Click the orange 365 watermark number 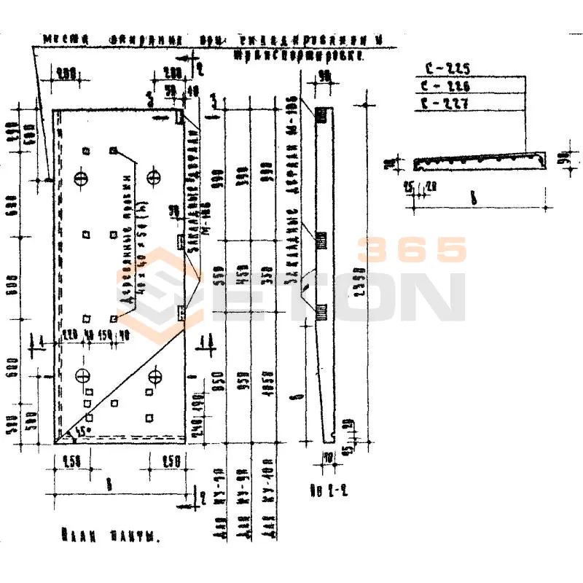pyautogui.click(x=412, y=250)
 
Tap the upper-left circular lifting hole pyautogui.click(x=82, y=177)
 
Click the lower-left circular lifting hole pyautogui.click(x=82, y=376)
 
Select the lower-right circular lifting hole pyautogui.click(x=154, y=376)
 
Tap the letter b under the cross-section pyautogui.click(x=474, y=197)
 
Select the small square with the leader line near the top pyautogui.click(x=113, y=150)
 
